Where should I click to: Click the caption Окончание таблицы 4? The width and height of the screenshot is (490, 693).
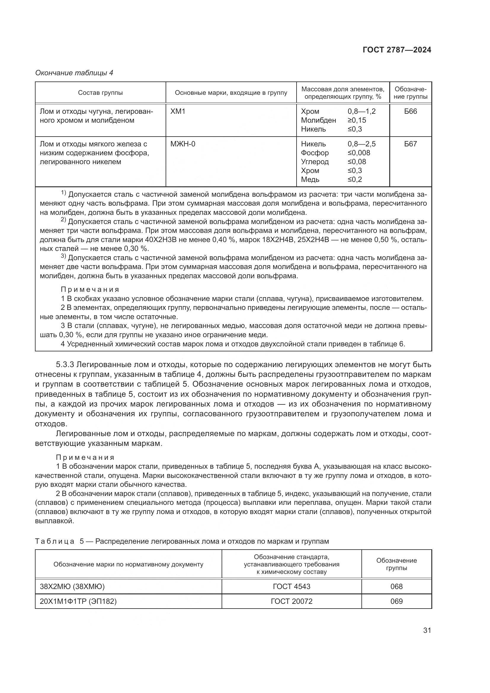coord(74,73)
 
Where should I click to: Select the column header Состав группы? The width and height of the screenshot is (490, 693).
coord(100,93)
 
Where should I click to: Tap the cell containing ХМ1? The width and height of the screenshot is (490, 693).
coord(178,111)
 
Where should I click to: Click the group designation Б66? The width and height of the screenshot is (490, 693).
coord(410,111)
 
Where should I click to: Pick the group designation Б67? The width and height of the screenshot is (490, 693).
coord(410,144)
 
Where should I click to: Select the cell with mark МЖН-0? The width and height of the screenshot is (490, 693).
coord(183,144)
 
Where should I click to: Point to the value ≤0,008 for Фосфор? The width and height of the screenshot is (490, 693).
coord(359,153)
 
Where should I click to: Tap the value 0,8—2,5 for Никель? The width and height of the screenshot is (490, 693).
coord(361,144)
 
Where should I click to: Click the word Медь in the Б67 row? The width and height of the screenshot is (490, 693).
coord(310,179)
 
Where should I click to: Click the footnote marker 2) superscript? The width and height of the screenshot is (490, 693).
coord(63,220)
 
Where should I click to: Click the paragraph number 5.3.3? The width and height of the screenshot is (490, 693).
coord(65,365)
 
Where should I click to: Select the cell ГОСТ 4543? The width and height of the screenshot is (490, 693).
coord(292,586)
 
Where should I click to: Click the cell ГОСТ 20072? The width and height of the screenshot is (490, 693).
coord(292,601)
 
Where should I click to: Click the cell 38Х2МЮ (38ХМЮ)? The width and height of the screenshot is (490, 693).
coord(72,586)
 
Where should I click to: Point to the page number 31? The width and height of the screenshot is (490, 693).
coord(427,630)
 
